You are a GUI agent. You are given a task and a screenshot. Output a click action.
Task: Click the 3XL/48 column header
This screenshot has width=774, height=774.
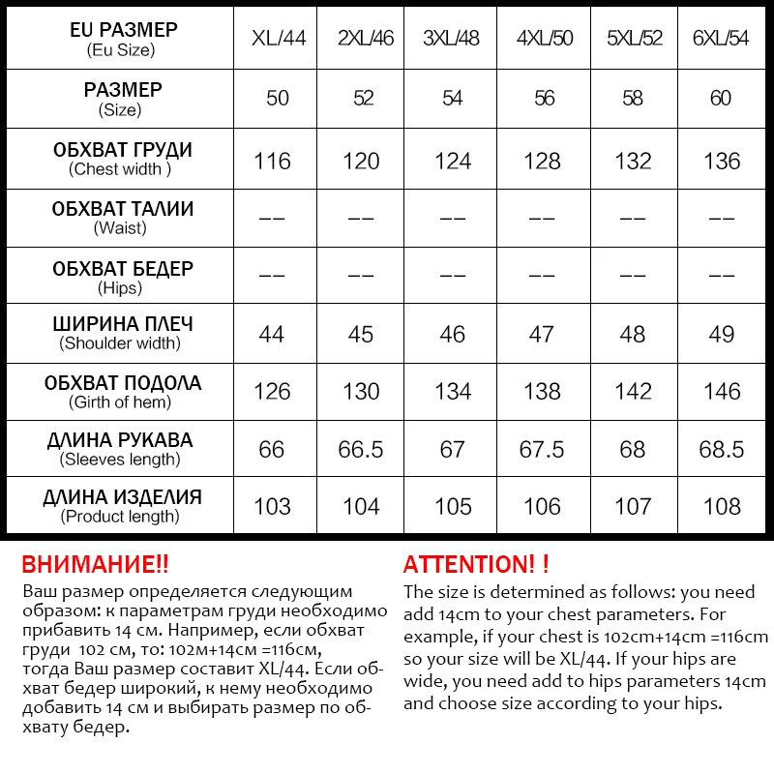[452, 39]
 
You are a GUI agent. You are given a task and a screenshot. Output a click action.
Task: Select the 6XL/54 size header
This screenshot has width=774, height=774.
[721, 39]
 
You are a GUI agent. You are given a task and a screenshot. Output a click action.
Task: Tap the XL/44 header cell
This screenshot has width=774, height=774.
[277, 39]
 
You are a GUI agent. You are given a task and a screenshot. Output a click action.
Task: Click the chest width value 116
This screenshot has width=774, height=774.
[272, 161]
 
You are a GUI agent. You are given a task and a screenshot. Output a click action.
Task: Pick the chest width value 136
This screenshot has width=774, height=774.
[722, 161]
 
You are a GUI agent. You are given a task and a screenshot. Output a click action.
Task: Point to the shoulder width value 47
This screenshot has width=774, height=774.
[542, 334]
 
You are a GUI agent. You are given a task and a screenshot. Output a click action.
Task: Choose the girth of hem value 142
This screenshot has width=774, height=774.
[633, 392]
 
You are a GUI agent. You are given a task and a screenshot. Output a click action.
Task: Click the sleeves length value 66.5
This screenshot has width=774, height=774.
[361, 449]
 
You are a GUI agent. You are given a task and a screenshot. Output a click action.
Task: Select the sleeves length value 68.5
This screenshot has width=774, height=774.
[722, 449]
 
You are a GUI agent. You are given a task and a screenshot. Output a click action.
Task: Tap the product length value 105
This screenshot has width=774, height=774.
[453, 506]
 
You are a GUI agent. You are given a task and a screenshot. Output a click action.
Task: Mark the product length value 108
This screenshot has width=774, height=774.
[722, 506]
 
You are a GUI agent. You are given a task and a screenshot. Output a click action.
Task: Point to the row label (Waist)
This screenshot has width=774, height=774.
[120, 228]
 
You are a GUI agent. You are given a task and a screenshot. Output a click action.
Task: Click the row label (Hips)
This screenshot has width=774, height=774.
[120, 287]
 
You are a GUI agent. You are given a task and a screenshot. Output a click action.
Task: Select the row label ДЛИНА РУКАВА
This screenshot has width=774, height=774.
[120, 440]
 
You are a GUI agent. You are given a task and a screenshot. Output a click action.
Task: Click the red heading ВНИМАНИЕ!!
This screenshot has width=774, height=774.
[95, 565]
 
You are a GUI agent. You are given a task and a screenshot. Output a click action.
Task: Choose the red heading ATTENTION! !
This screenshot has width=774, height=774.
[476, 565]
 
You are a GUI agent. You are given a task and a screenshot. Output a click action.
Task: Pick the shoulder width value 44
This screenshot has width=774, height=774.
[272, 334]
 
